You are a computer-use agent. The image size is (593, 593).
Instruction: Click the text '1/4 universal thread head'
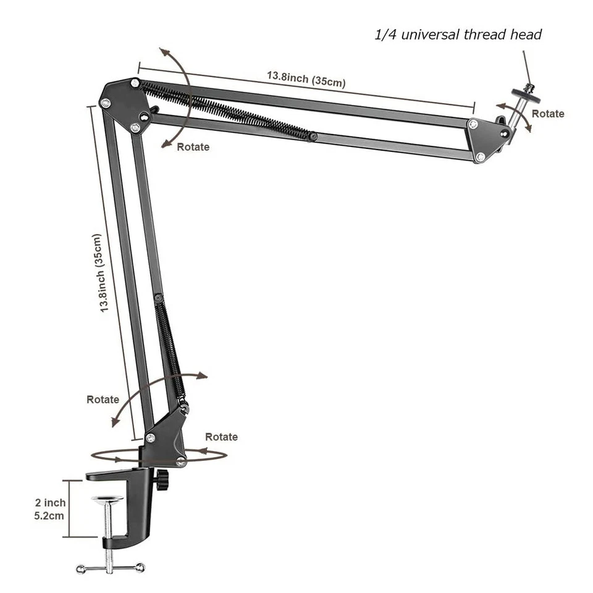pos(458,35)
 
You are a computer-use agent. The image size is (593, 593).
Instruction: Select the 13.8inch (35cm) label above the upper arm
pos(306,78)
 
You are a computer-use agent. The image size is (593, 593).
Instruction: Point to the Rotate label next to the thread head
pos(548,114)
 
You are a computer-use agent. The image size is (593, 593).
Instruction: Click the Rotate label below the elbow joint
pos(193,147)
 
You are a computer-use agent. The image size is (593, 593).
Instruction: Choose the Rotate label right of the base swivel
pos(221,437)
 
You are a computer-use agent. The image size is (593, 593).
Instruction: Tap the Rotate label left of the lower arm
pos(103,399)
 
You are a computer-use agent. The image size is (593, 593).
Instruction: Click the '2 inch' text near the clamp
pos(49,503)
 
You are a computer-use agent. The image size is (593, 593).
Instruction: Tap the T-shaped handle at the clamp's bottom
pos(110,566)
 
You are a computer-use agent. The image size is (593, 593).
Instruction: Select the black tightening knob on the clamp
pos(162,479)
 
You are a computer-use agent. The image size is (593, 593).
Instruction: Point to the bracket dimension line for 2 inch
pos(70,509)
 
